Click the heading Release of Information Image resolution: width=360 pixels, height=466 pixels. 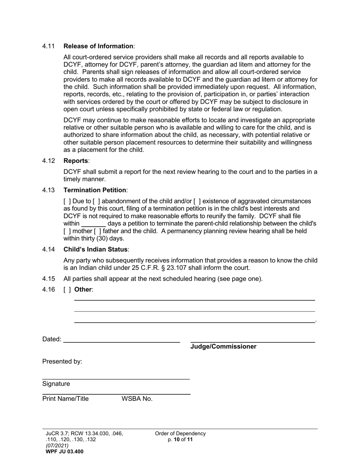point(98,46)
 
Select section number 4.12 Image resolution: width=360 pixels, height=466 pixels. point(49,161)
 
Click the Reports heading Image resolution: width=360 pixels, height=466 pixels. point(75,161)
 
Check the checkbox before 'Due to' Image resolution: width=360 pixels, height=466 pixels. point(67,201)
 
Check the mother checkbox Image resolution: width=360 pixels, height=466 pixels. point(67,231)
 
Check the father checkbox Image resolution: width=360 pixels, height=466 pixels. point(97,231)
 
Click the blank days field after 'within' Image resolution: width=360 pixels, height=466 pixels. point(93,224)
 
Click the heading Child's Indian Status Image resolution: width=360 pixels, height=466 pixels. point(96,249)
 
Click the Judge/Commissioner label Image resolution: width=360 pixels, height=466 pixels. point(223,347)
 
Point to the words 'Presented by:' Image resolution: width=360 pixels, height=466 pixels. point(62,361)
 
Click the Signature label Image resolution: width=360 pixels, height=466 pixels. point(56,384)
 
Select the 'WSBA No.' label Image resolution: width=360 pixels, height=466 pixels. point(137,399)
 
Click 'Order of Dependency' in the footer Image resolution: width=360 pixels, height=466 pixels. point(180,433)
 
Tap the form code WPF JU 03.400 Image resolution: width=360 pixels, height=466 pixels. point(64,452)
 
